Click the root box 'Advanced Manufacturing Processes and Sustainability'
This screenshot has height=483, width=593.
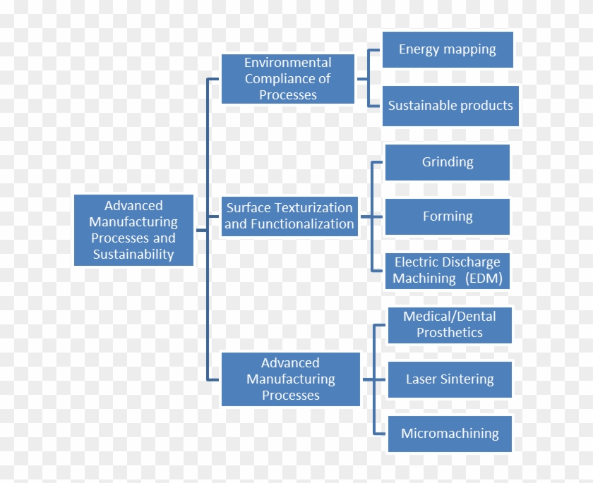(x=133, y=230)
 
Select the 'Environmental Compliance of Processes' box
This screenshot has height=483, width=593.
(x=287, y=79)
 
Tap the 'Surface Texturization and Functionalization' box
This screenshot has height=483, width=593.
(x=289, y=216)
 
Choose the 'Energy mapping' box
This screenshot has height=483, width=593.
(x=448, y=49)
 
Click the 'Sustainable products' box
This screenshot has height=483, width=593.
(x=450, y=106)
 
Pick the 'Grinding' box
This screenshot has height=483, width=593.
(x=448, y=162)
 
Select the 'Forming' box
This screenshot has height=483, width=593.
(x=448, y=216)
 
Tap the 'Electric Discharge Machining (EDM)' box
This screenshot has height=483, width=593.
(x=448, y=271)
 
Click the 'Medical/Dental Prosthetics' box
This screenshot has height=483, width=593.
(x=450, y=325)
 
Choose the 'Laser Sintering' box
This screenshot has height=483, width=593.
(x=450, y=379)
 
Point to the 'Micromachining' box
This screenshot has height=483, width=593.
(x=450, y=434)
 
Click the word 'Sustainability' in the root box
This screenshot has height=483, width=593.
(x=133, y=255)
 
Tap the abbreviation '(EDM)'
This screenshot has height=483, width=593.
(x=484, y=279)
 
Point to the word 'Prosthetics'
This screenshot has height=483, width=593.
(x=450, y=333)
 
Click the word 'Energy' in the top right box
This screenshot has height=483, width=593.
(x=419, y=49)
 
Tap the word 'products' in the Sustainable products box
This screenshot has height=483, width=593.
(x=484, y=106)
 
